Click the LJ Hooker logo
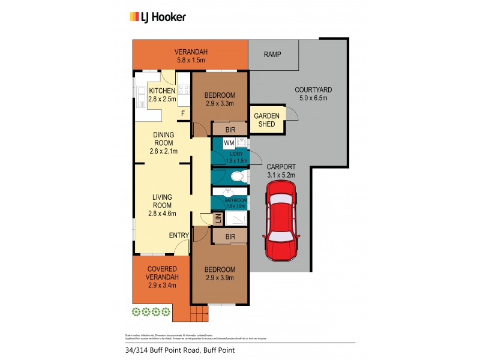pyautogui.click(x=158, y=17)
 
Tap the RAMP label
pyautogui.click(x=274, y=55)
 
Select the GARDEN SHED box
pyautogui.click(x=265, y=119)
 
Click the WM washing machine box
pyautogui.click(x=229, y=143)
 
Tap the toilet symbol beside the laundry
pyautogui.click(x=237, y=176)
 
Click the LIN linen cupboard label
pyautogui.click(x=206, y=220)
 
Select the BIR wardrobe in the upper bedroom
pyautogui.click(x=229, y=129)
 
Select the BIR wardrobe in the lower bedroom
pyautogui.click(x=229, y=237)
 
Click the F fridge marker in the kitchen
pyautogui.click(x=182, y=113)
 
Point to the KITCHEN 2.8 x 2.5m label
pyautogui.click(x=162, y=95)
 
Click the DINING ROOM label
pyautogui.click(x=163, y=143)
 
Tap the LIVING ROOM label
pyautogui.click(x=162, y=205)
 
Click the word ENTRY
pyautogui.click(x=179, y=235)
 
